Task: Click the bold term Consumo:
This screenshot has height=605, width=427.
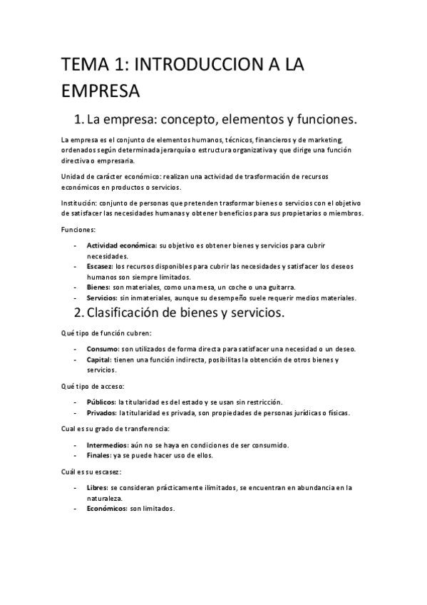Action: (104, 349)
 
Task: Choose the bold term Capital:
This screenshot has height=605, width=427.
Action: (102, 360)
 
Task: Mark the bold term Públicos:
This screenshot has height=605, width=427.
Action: (101, 402)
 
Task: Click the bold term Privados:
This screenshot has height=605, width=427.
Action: (102, 413)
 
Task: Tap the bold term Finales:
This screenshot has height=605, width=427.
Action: (98, 456)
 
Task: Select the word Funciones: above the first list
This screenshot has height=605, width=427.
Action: (79, 230)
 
